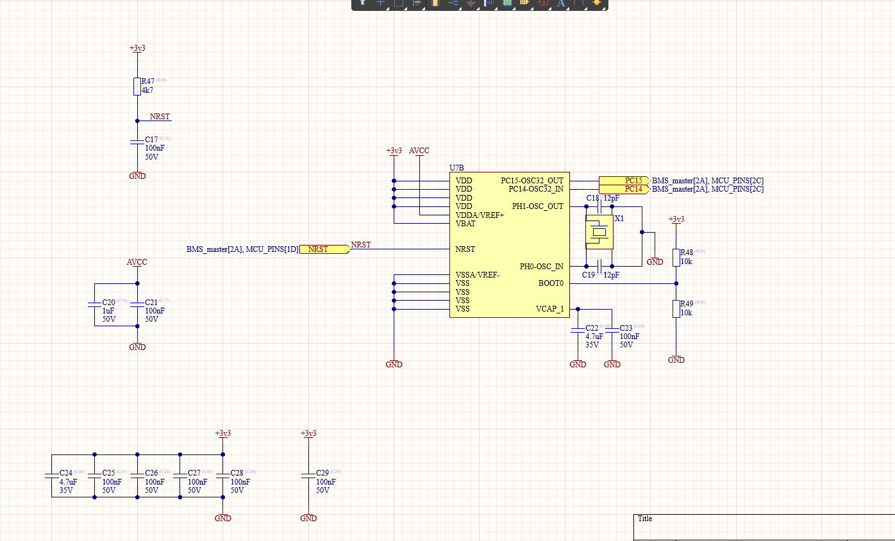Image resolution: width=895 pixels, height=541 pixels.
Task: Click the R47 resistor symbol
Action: (x=137, y=87)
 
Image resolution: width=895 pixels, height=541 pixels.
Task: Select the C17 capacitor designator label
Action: (x=151, y=139)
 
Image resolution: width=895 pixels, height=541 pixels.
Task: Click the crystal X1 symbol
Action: (x=599, y=232)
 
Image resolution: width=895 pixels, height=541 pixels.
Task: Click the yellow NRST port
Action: (x=324, y=249)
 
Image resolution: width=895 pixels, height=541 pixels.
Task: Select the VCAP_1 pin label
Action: (x=550, y=309)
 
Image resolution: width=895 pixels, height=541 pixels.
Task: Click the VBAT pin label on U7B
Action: (x=465, y=224)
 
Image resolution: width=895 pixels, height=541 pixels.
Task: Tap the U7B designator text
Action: (x=456, y=168)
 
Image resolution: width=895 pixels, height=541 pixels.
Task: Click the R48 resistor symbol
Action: (x=676, y=257)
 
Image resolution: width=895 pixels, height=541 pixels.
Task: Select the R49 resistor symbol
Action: (x=676, y=308)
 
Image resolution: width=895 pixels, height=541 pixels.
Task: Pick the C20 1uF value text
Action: (x=108, y=310)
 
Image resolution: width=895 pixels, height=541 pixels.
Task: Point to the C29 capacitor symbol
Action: (x=308, y=475)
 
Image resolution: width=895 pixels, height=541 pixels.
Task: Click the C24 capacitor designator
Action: (x=67, y=472)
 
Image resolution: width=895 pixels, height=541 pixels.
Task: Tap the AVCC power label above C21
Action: (x=137, y=262)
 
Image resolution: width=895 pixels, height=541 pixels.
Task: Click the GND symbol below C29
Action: (x=308, y=517)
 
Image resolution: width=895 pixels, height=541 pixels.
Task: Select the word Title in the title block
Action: (x=645, y=519)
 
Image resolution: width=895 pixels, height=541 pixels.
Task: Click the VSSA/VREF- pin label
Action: (x=478, y=275)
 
